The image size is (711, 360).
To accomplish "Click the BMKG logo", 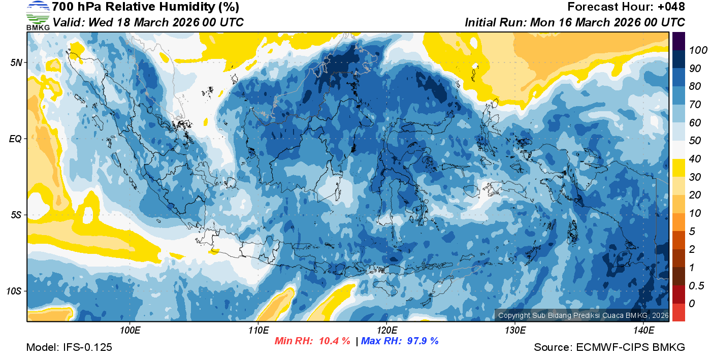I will [x=38, y=15].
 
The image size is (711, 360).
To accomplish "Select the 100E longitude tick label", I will [x=131, y=331].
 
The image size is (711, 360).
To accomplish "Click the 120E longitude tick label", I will [x=386, y=331].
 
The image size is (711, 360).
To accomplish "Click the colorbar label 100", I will [x=695, y=50].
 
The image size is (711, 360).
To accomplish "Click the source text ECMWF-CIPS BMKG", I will [x=631, y=348].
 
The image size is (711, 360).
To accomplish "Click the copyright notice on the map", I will [x=583, y=315].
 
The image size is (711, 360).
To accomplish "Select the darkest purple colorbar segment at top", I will [x=678, y=41].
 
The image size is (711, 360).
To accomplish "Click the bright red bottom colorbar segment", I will [x=678, y=312].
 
